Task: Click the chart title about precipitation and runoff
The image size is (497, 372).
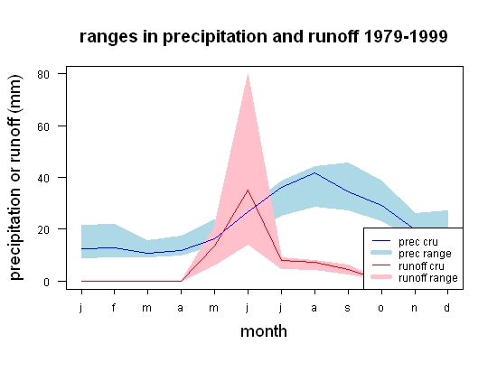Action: click(x=263, y=37)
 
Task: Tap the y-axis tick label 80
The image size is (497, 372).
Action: click(x=43, y=75)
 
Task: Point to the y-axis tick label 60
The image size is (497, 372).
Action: click(x=43, y=126)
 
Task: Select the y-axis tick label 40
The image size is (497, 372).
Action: click(x=43, y=178)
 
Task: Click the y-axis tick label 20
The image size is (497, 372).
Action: click(x=43, y=230)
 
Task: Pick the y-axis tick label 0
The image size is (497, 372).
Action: click(x=47, y=282)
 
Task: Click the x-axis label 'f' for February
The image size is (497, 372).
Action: click(x=114, y=307)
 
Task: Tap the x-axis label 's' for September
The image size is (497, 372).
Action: click(x=347, y=308)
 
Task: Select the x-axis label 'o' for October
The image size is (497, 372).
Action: click(x=381, y=308)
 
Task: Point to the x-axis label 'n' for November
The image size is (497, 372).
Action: click(x=414, y=308)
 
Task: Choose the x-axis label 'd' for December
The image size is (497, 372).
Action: click(x=446, y=307)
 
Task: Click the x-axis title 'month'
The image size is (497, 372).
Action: click(x=264, y=331)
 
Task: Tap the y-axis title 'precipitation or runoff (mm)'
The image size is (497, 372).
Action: click(x=15, y=177)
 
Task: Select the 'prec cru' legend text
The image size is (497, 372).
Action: click(x=418, y=242)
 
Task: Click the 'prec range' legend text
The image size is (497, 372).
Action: click(x=425, y=254)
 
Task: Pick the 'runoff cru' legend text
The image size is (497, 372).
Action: click(x=421, y=266)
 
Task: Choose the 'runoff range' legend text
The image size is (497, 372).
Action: click(x=428, y=278)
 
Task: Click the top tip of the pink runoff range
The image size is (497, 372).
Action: click(x=248, y=74)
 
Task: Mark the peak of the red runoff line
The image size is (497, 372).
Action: click(x=248, y=190)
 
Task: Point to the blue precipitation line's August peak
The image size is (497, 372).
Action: click(x=314, y=172)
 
